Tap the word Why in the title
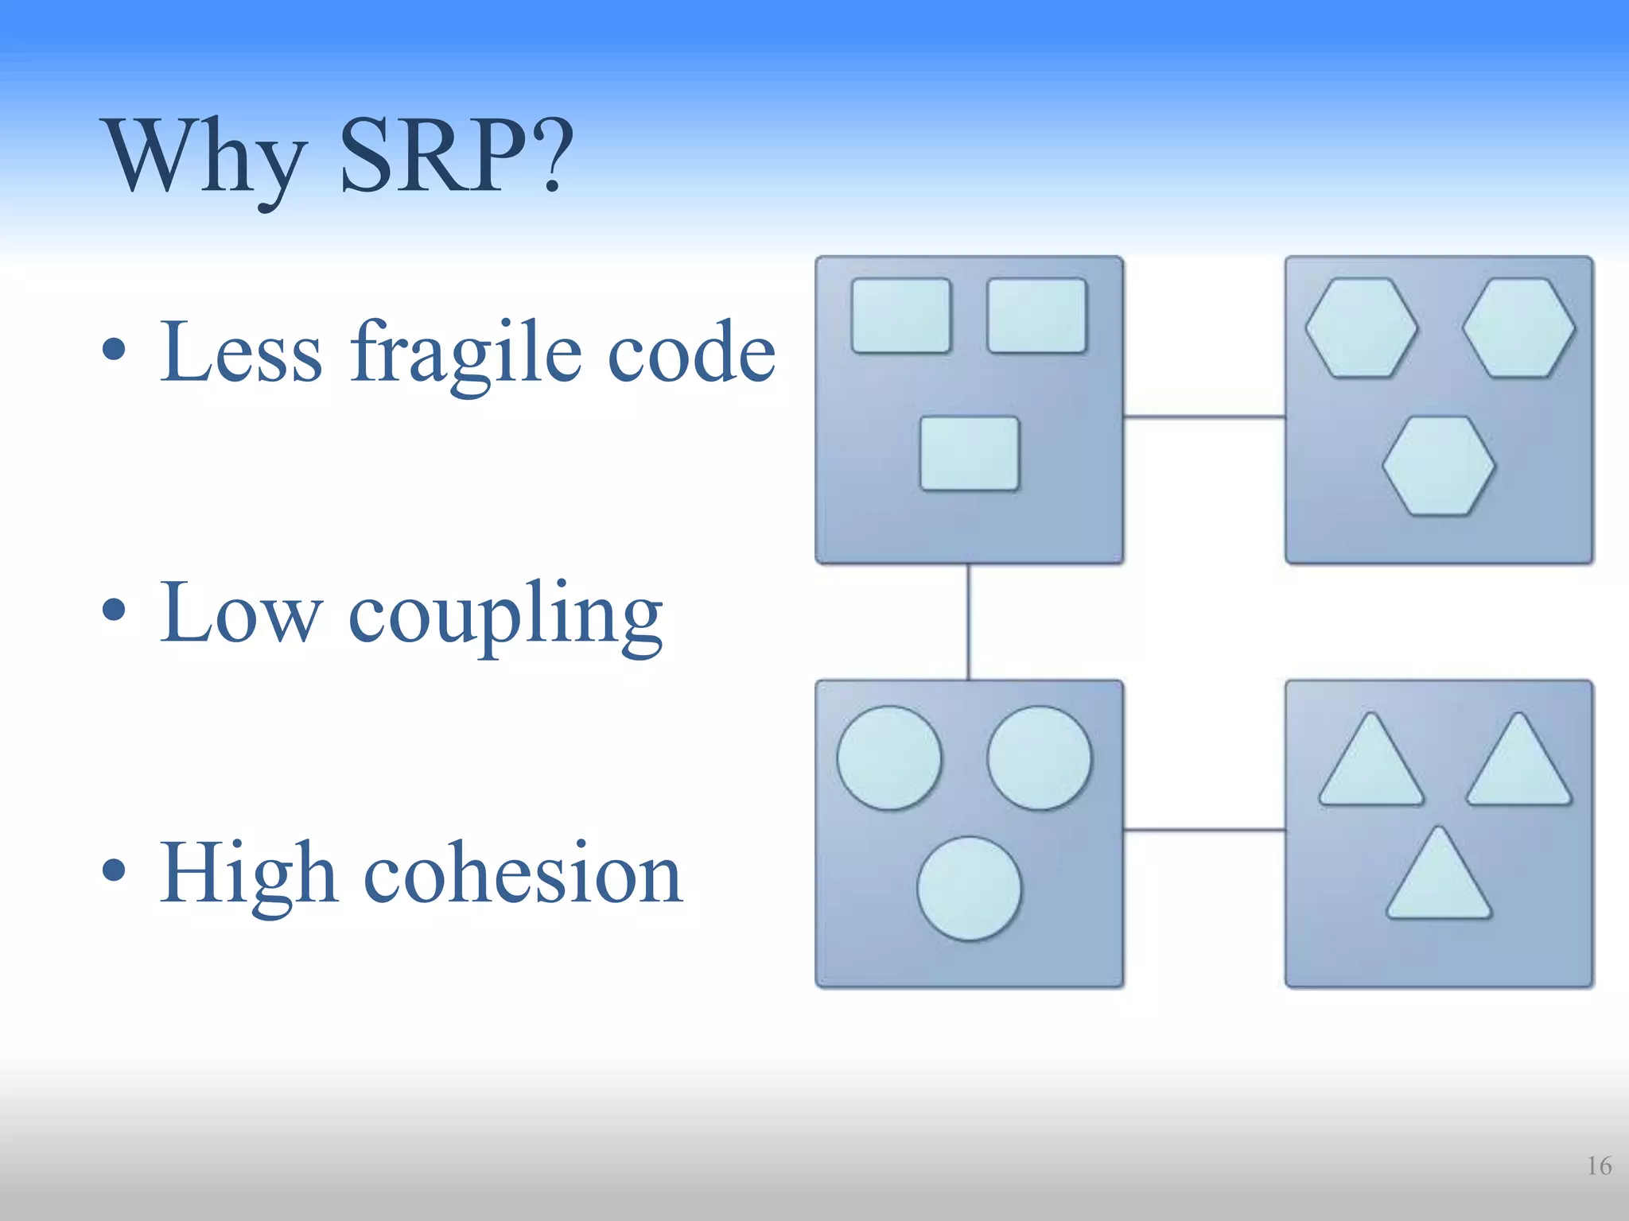[x=205, y=159]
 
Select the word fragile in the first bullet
[x=465, y=354]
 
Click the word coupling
[x=505, y=616]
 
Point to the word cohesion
[x=523, y=874]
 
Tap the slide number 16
[x=1598, y=1166]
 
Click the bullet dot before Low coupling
[x=114, y=610]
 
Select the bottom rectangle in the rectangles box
[x=969, y=453]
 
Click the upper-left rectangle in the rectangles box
[x=900, y=316]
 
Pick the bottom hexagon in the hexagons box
[x=1438, y=466]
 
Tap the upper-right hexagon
[x=1518, y=328]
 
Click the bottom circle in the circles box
[x=969, y=888]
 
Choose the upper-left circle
[x=889, y=758]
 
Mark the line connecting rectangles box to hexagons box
[x=1204, y=416]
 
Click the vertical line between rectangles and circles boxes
[x=968, y=622]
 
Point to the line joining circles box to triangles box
[x=1204, y=830]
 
